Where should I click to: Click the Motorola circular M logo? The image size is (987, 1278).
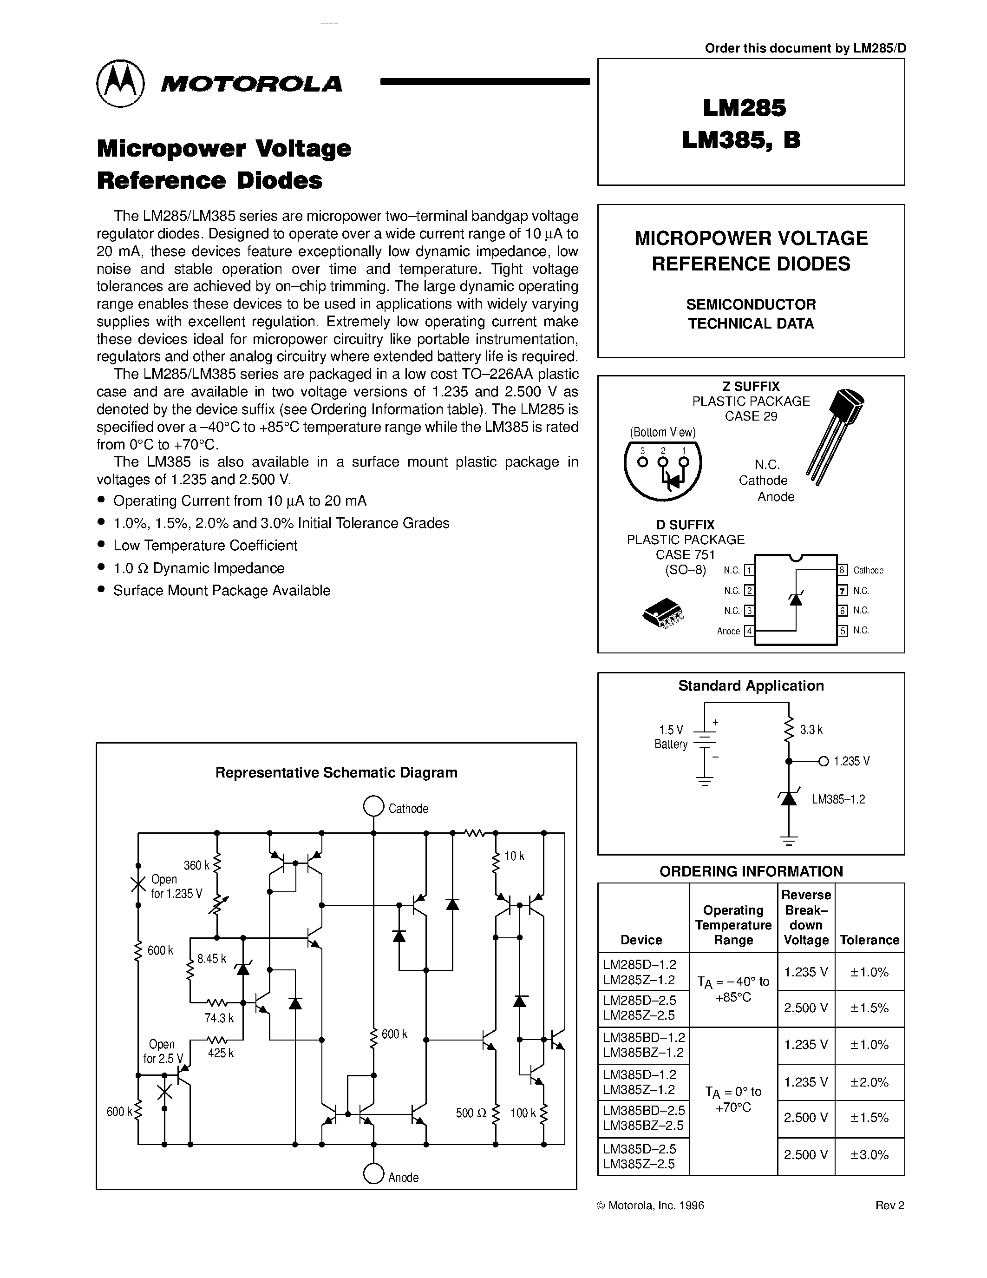[120, 84]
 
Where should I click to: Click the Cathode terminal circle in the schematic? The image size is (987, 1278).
[373, 806]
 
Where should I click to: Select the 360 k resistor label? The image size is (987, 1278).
[196, 865]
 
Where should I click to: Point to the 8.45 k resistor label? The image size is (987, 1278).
[211, 958]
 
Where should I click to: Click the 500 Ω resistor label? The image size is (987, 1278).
[471, 1113]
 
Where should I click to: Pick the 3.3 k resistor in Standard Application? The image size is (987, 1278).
[789, 730]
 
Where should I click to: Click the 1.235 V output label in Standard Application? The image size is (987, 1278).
[851, 761]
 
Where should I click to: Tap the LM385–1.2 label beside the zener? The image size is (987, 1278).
[838, 799]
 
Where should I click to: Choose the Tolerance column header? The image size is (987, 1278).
[869, 940]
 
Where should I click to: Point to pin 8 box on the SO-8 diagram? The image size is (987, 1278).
[843, 570]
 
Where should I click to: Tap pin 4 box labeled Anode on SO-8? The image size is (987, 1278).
[749, 631]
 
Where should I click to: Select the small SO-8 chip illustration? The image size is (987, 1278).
[664, 613]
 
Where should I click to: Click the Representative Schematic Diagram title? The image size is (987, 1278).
[336, 772]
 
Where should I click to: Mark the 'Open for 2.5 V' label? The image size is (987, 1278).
[163, 1051]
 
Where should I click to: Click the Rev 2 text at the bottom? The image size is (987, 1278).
[889, 1206]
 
